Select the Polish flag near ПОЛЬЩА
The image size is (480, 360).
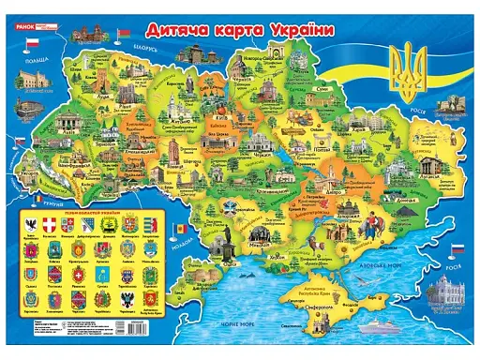[x=31, y=44]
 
